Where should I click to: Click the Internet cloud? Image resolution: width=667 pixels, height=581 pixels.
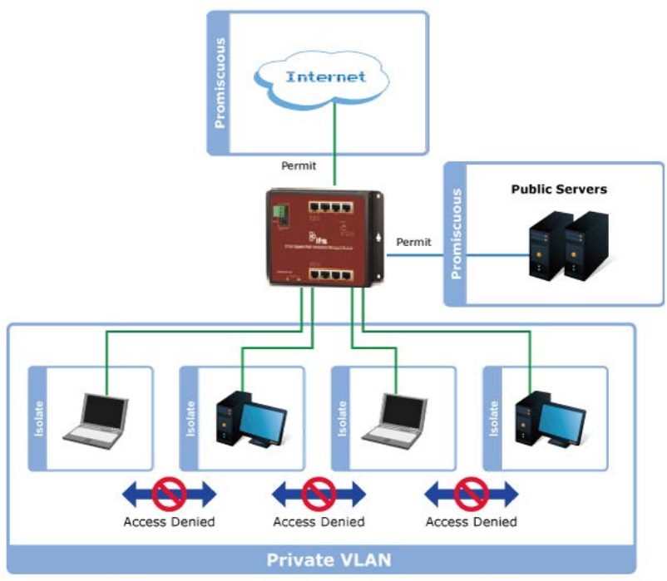325,77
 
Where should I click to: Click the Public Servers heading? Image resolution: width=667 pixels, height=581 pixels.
558,189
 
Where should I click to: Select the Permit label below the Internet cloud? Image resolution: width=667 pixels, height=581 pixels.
299,165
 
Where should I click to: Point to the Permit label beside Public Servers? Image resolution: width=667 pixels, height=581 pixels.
413,242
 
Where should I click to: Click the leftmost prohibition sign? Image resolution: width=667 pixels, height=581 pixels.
169,495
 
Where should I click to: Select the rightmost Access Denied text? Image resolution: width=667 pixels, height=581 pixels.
471,522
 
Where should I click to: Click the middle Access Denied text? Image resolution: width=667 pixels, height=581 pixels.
319,522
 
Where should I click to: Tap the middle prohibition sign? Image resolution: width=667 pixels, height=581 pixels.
319,495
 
